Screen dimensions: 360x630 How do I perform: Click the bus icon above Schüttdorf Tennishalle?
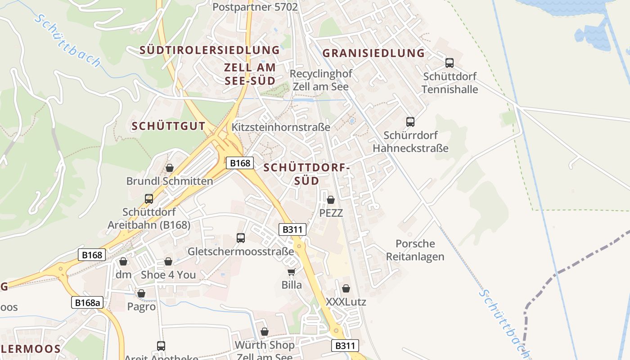coord(449,63)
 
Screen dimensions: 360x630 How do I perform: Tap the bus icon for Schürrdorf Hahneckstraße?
coord(410,121)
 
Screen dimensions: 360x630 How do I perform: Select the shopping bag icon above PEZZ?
coord(331,200)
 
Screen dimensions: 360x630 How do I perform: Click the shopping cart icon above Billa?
coord(291,271)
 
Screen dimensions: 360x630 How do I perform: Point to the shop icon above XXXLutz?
coord(346,288)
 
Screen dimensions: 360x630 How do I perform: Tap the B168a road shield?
coord(87,303)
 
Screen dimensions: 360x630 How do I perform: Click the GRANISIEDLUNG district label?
coord(373,53)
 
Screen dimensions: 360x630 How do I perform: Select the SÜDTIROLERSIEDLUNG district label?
coord(210,50)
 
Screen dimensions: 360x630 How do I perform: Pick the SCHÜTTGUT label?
coord(168,126)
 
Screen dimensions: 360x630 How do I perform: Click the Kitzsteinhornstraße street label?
coord(281,127)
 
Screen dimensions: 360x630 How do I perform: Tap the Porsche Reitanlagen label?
coord(415,250)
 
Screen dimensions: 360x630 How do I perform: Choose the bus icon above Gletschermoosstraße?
coord(241,238)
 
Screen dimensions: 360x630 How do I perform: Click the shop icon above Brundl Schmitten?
coord(170,168)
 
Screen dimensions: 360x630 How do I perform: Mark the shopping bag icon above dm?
coord(123,261)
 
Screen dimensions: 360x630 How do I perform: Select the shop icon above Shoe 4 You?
coord(168,261)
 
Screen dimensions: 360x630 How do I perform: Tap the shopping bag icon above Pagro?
coord(141,293)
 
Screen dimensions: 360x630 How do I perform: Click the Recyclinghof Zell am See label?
coord(321,80)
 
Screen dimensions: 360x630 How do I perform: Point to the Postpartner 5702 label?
coord(255,7)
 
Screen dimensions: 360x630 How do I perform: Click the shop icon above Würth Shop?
coord(265,332)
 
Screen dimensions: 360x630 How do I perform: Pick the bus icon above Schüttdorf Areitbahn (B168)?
coord(148,198)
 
